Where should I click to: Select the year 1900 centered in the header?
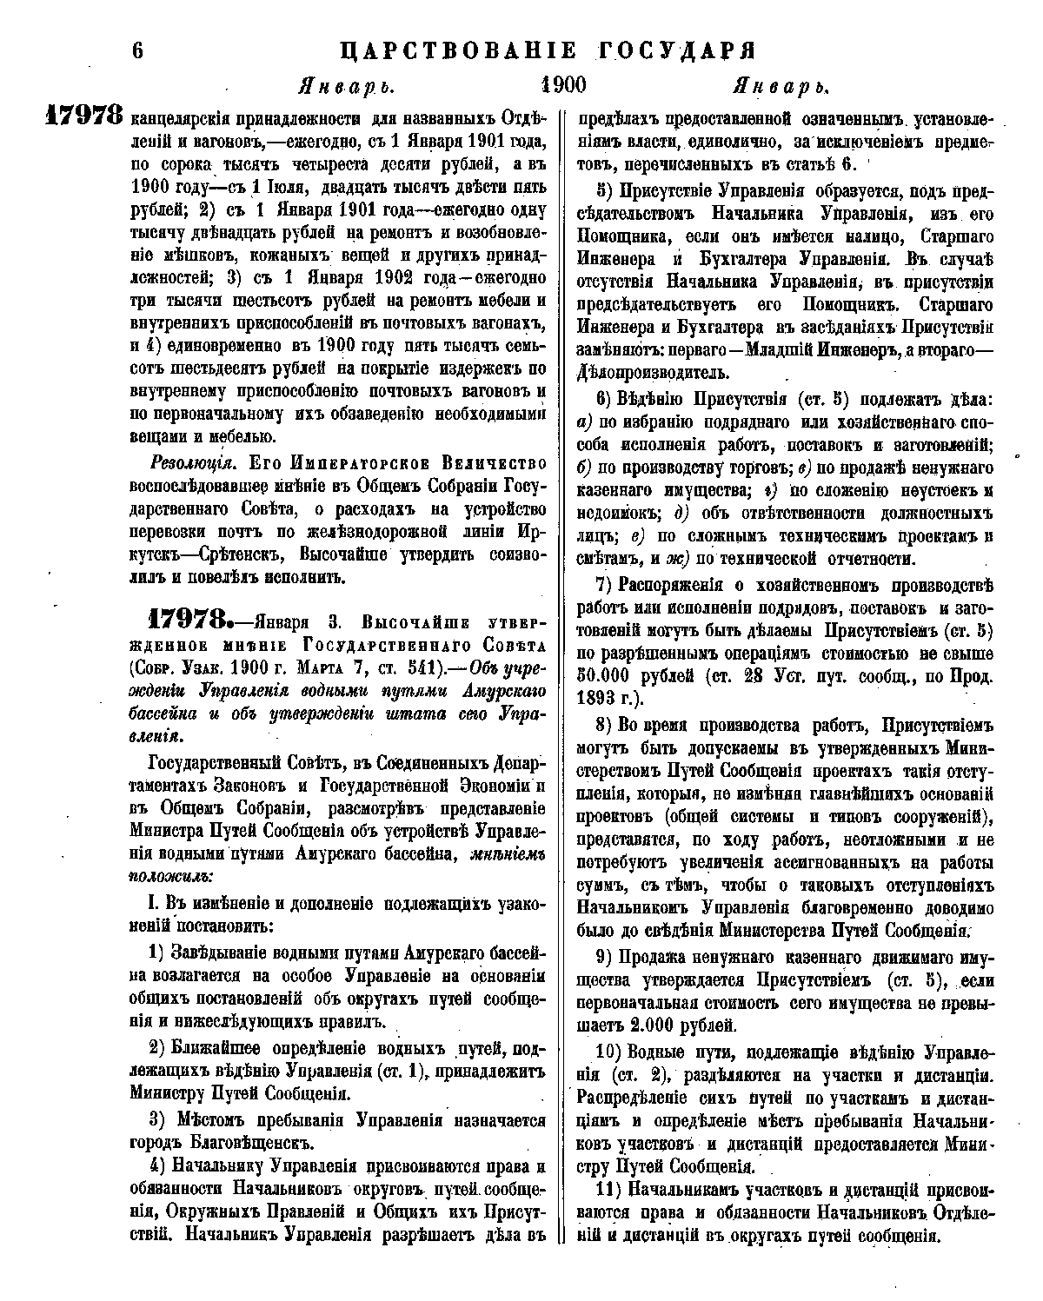[563, 85]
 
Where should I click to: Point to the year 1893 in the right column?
[607, 696]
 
